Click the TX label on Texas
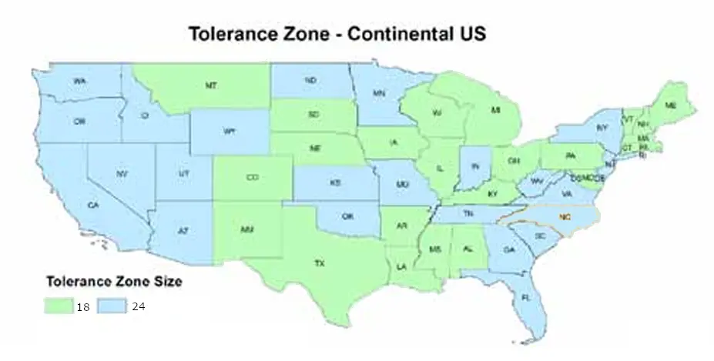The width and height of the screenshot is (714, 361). coord(320,263)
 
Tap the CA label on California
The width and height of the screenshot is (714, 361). coord(93,205)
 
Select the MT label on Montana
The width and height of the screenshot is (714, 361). coord(210,86)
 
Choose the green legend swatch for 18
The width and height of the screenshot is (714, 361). coord(59,306)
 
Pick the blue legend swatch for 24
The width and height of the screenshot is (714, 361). coord(115,306)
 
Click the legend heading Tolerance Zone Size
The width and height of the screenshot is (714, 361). coord(114,282)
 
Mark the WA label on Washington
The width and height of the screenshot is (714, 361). coord(79,81)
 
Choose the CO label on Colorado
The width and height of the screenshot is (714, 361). coord(252,177)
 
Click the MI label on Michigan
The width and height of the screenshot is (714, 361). coord(496,111)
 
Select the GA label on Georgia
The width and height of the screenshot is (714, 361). coord(508,249)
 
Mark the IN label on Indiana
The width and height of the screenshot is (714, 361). coord(476,165)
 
